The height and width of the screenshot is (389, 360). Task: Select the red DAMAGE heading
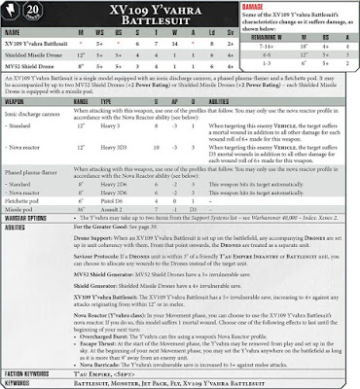coord(265,6)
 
